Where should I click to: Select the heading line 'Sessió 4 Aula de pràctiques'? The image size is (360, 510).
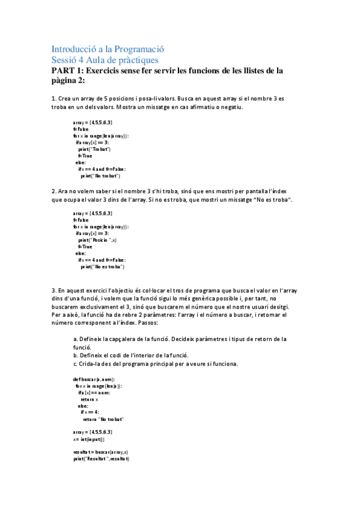click(x=105, y=60)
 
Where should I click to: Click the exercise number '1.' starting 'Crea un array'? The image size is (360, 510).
click(x=55, y=98)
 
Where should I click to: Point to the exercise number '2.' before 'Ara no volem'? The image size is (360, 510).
click(x=55, y=191)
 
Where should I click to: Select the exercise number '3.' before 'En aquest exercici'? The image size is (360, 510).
click(x=55, y=290)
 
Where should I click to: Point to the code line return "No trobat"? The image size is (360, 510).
click(x=103, y=419)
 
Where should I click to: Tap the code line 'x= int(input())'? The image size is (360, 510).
click(x=90, y=439)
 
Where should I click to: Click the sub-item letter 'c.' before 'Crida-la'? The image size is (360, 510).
click(x=75, y=364)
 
